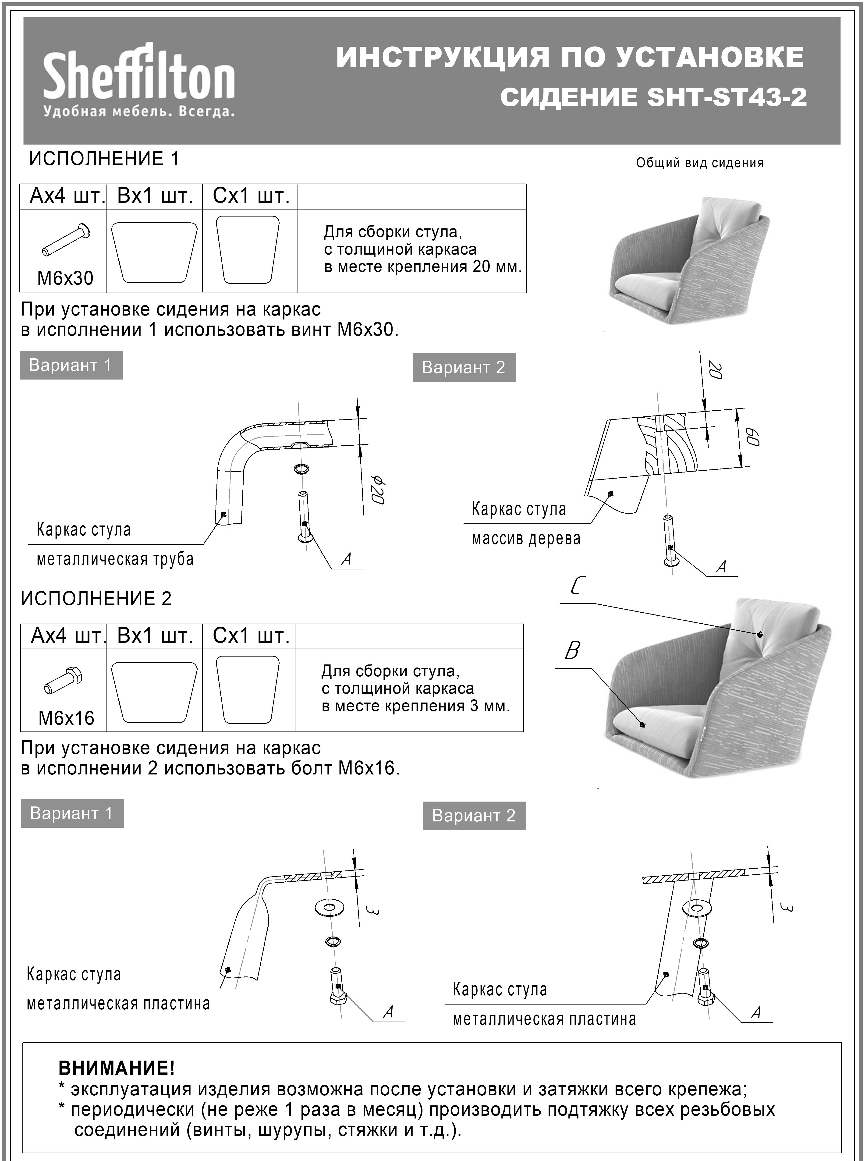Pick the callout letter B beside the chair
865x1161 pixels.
point(572,651)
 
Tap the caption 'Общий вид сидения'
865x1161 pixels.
point(699,163)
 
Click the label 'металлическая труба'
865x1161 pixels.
point(115,559)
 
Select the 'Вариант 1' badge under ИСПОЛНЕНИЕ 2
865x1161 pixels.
point(72,813)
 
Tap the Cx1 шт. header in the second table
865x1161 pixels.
point(251,636)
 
